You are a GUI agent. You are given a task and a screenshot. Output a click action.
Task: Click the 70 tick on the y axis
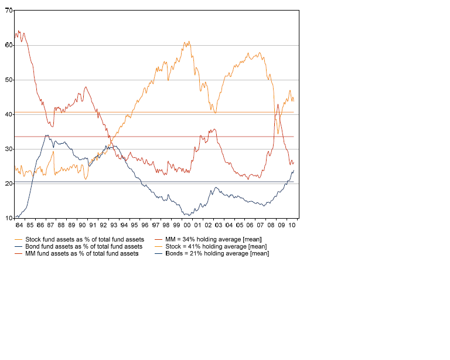[9, 11]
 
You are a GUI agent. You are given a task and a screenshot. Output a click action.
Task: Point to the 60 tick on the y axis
[9, 45]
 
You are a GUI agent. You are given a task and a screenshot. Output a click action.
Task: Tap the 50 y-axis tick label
[9, 80]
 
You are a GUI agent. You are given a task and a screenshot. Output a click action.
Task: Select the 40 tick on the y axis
[9, 114]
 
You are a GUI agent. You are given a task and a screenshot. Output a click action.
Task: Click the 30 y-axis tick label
[9, 149]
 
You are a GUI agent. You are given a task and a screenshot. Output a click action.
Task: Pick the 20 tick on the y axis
[9, 184]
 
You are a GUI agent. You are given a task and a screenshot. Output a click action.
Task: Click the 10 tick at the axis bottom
[9, 218]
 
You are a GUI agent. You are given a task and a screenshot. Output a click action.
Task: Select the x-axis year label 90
[82, 225]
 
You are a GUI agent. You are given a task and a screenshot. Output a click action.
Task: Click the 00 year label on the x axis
[187, 225]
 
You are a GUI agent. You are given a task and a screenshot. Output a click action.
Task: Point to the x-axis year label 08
[271, 225]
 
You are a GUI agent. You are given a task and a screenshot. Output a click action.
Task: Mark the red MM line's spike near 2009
[277, 104]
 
